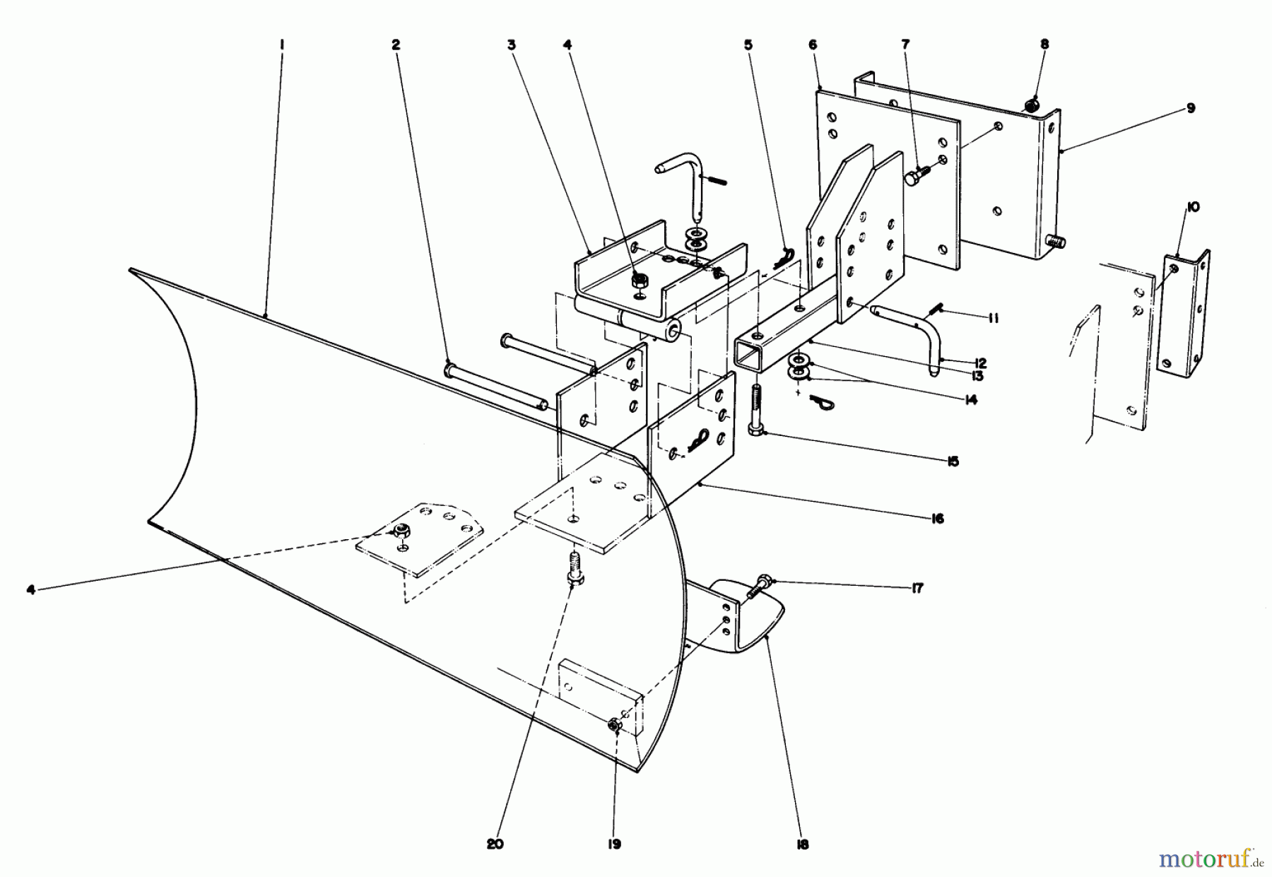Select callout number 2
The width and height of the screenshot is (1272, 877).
point(396,45)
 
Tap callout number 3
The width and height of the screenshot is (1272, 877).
point(512,45)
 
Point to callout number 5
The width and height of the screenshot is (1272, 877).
point(748,45)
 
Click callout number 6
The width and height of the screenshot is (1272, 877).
point(812,45)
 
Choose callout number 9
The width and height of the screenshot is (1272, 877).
point(1191,108)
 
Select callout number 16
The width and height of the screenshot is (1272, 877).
point(937,519)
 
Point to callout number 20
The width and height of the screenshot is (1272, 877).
point(495,844)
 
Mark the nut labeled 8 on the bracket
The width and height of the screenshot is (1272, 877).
point(1032,105)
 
